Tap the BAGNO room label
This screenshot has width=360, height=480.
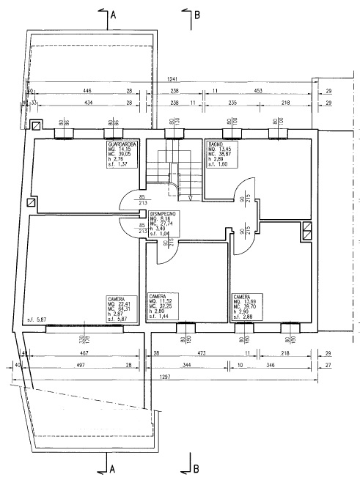click(x=215, y=144)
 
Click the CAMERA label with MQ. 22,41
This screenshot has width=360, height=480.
click(x=115, y=299)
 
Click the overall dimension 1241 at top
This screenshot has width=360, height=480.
click(x=172, y=78)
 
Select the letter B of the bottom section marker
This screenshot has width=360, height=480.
click(x=196, y=466)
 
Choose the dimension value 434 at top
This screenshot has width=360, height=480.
click(x=87, y=103)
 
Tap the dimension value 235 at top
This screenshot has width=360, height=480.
click(x=232, y=103)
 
